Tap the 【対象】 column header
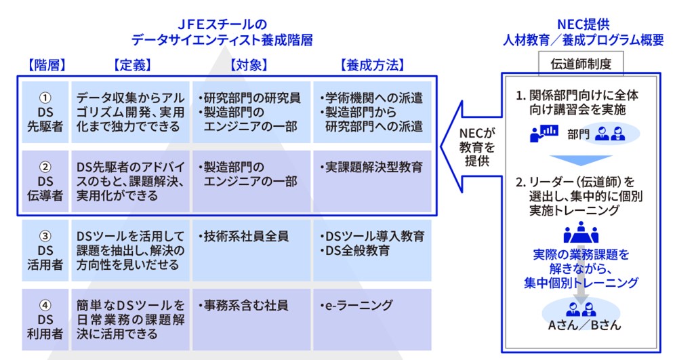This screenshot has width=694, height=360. click(249, 65)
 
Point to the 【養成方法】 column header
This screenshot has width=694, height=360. click(371, 65)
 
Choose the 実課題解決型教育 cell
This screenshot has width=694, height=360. click(371, 167)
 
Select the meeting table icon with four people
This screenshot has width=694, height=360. click(581, 234)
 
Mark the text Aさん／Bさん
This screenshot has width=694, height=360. click(580, 325)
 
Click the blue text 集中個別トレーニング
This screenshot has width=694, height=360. click(581, 283)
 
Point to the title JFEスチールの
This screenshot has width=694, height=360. click(223, 24)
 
